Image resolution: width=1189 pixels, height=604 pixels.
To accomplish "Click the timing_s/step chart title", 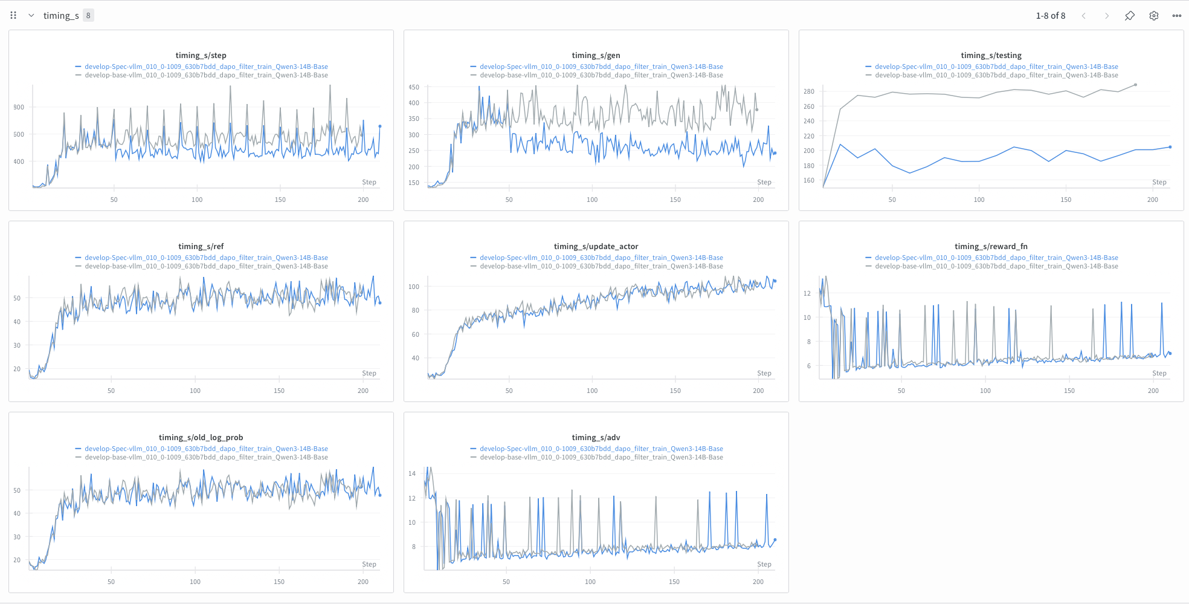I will coord(201,55).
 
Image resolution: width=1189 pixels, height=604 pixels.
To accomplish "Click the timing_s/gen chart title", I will coord(596,55).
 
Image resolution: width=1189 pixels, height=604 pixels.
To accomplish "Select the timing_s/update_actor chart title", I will coord(596,246).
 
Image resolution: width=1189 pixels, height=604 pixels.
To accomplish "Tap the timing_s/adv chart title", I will coord(596,437).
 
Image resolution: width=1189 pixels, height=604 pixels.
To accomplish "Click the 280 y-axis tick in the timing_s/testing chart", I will coord(808,91).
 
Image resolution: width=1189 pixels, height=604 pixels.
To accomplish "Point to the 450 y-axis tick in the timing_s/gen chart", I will coord(413,87).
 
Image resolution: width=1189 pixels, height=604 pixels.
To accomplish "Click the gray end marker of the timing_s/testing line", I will coord(1135,85).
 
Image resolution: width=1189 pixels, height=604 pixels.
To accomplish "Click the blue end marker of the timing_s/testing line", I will coord(1170,147).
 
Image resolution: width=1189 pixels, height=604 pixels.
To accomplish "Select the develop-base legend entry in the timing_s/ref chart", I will coord(206,266).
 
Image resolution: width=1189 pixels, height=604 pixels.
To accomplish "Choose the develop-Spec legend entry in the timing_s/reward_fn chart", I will coord(996,258).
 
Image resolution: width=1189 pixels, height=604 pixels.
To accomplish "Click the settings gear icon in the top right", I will coord(1153,16).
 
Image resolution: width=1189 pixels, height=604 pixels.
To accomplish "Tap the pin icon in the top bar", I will coord(1129,16).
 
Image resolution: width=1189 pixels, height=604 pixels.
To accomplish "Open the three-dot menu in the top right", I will coord(1176,16).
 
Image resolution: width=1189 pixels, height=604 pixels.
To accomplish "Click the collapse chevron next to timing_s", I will coord(31,16).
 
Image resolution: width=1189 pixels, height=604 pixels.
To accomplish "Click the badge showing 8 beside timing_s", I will coord(88,16).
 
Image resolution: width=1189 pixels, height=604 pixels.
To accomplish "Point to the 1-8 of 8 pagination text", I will coord(1050,16).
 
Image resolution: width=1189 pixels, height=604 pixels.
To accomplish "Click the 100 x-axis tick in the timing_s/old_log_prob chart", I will coord(195,582).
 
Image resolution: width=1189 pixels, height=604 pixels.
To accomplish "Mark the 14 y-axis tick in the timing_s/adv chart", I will coord(412,473).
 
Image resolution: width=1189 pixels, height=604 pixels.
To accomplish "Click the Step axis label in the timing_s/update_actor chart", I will coord(764,373).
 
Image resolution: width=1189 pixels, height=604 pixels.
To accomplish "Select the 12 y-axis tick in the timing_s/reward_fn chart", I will coord(807,293).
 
